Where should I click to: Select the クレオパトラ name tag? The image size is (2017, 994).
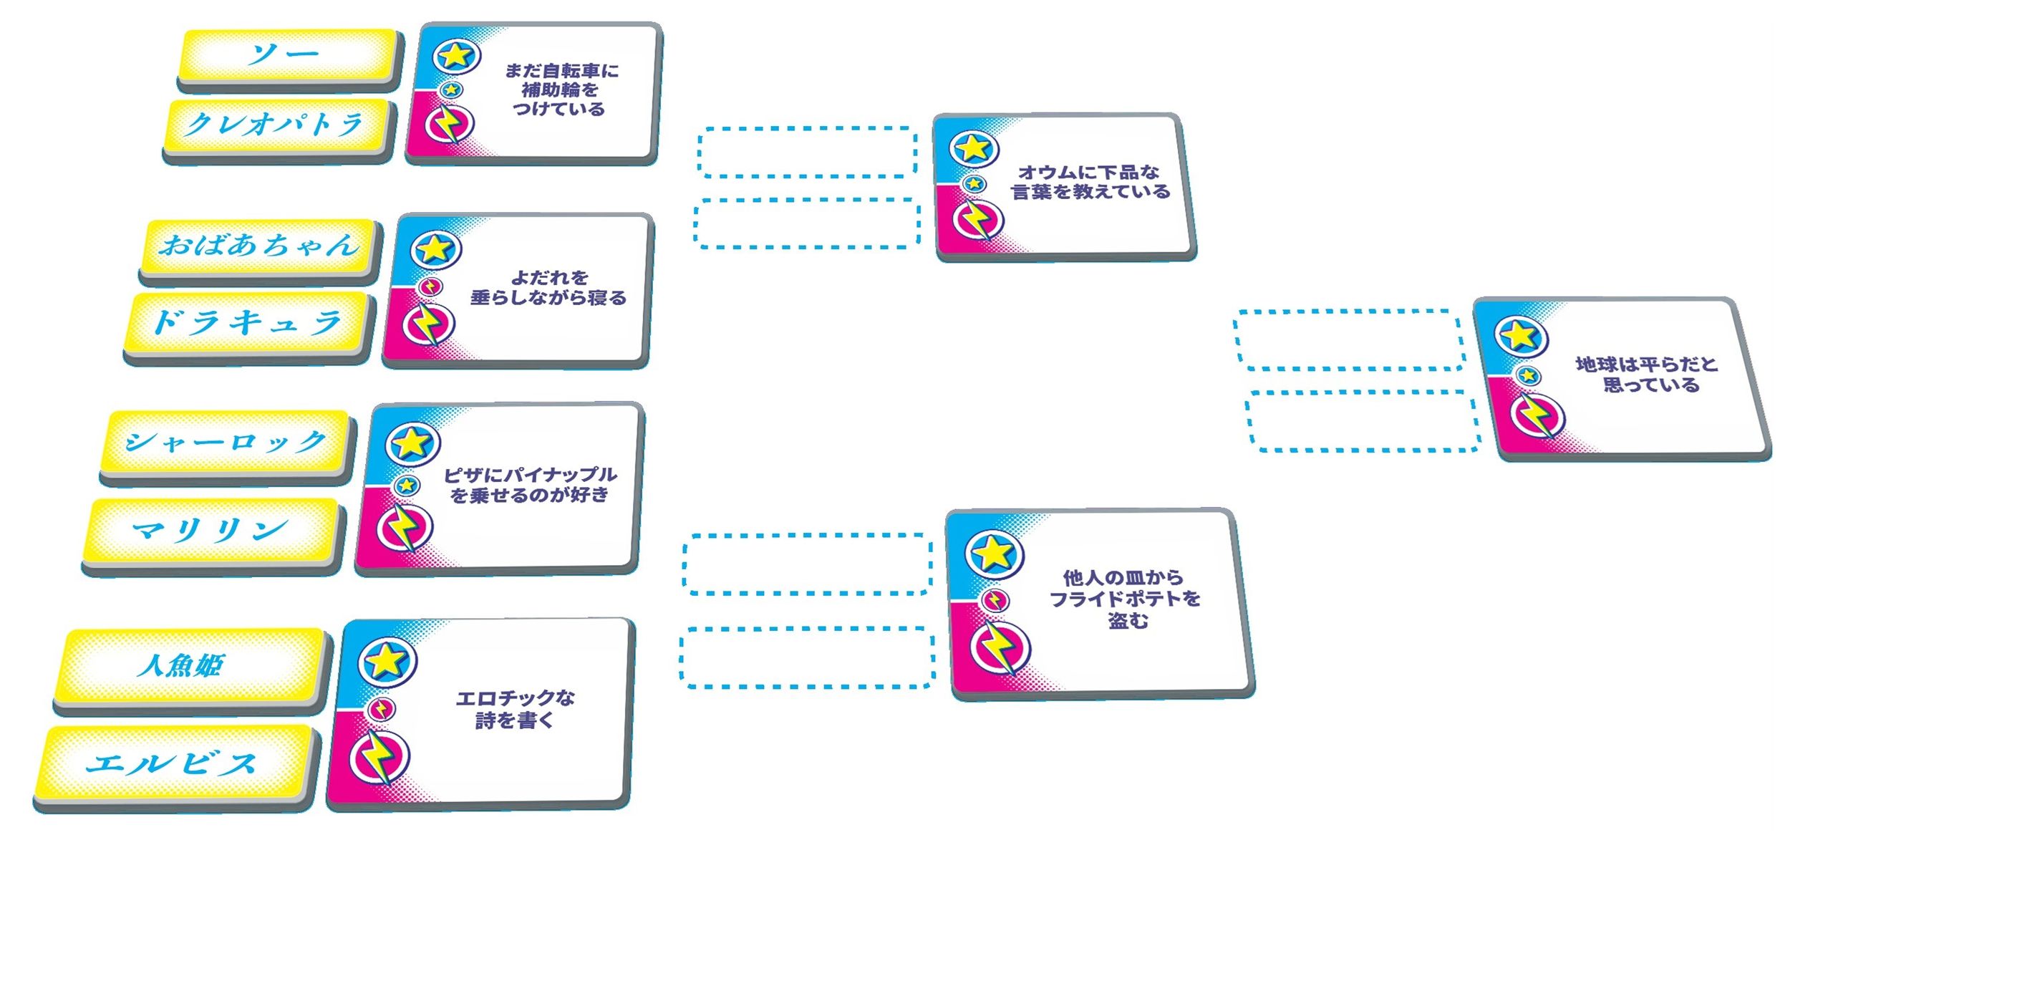click(277, 125)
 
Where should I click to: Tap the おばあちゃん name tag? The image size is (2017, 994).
click(259, 246)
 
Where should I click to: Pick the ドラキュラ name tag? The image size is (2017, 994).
click(248, 323)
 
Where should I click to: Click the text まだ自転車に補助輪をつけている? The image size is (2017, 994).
click(561, 90)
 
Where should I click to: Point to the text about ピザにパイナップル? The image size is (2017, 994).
click(530, 485)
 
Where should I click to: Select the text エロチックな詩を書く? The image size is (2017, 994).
click(516, 709)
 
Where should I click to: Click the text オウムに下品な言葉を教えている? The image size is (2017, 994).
click(1090, 182)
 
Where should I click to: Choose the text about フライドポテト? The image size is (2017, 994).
click(1125, 599)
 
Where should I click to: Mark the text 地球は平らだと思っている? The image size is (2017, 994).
click(1647, 375)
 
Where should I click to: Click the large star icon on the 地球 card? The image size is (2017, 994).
click(1521, 335)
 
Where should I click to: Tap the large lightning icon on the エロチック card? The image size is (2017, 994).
click(379, 758)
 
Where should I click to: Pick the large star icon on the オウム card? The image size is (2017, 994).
click(973, 148)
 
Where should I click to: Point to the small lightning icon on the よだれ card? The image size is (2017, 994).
click(430, 286)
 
